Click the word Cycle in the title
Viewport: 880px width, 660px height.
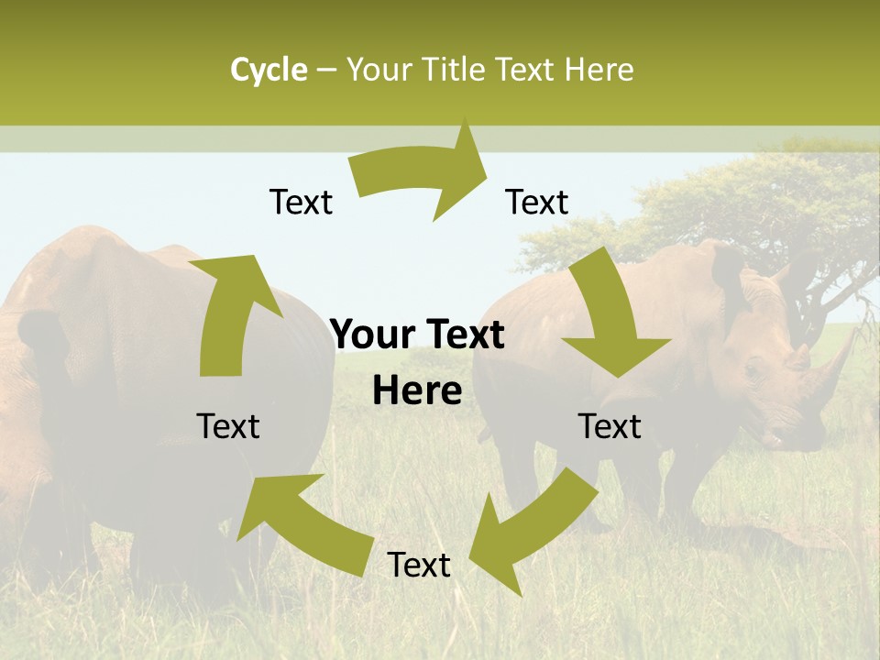269,70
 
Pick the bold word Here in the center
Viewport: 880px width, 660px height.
417,391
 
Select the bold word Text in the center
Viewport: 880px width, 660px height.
464,335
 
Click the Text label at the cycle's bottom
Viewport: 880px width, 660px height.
419,566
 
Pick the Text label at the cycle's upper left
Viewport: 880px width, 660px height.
301,202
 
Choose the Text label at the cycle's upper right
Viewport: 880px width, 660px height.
537,202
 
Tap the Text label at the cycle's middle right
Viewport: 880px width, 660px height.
610,426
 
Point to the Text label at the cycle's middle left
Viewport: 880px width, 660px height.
228,426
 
